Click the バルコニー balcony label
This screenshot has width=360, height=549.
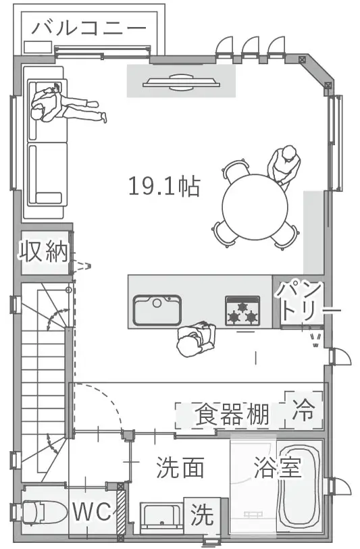[89, 28]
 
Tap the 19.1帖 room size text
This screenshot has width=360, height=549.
[164, 186]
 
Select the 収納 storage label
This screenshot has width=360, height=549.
[43, 251]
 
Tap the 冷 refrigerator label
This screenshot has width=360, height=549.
[304, 409]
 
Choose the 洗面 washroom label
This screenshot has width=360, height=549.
[180, 467]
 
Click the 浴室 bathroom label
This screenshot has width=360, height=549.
[278, 467]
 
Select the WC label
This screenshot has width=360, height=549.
[92, 511]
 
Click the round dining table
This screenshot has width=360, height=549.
[255, 207]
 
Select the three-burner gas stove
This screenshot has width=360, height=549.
[242, 311]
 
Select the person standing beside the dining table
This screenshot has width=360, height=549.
[284, 166]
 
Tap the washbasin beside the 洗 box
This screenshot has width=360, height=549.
[162, 518]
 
